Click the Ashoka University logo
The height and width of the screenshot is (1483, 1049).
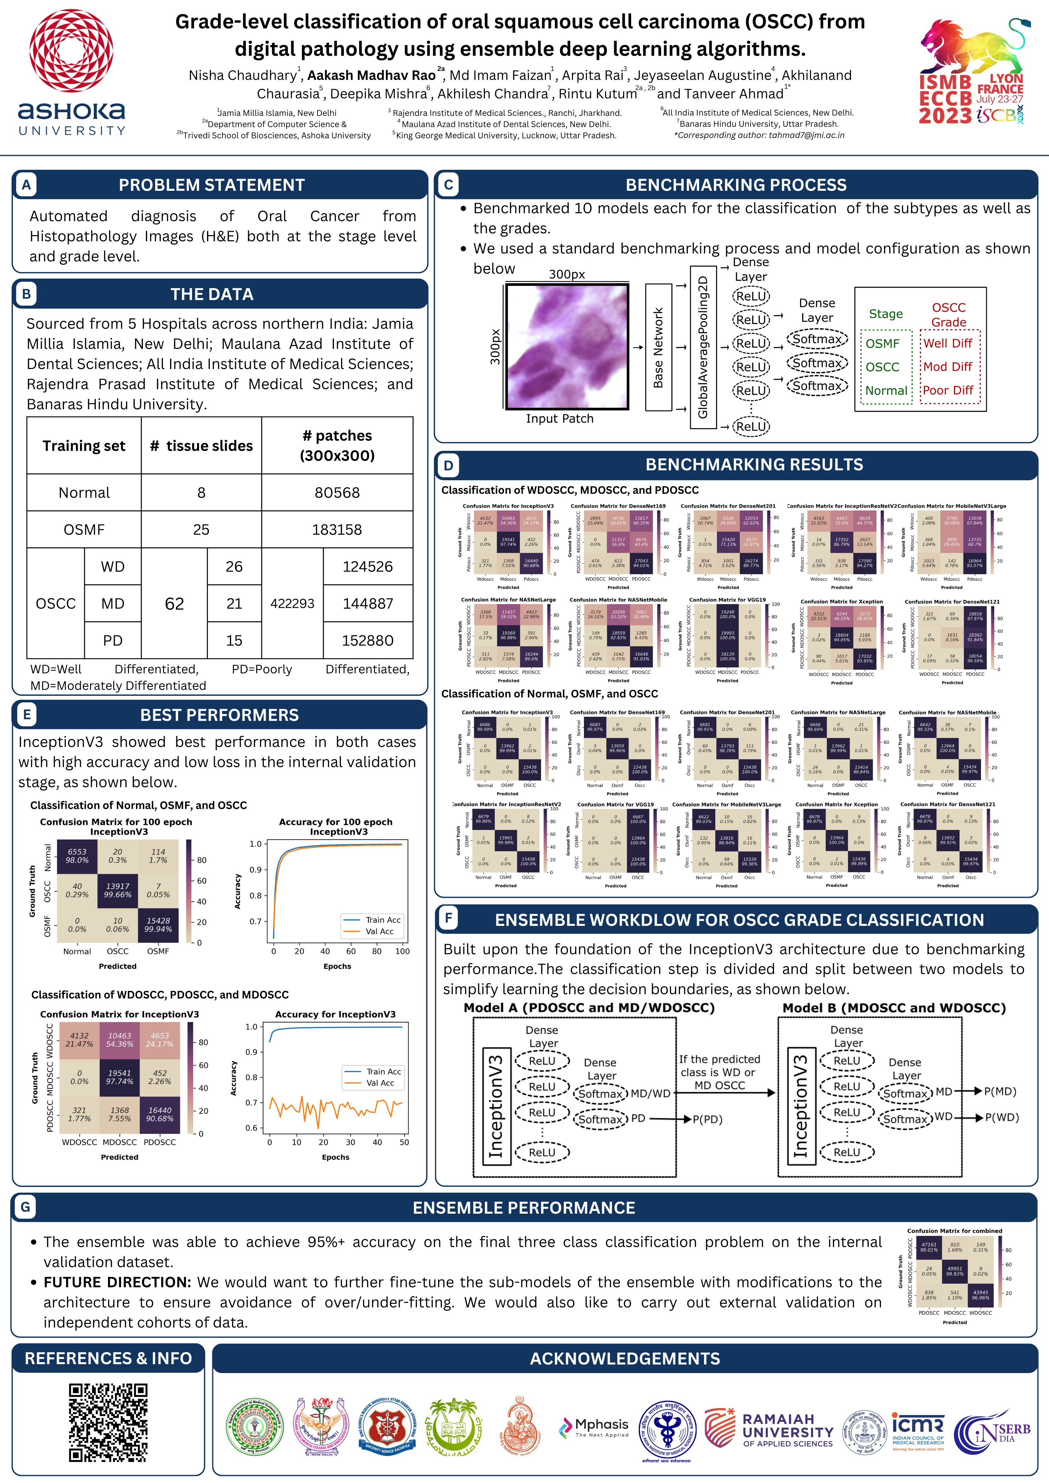72,72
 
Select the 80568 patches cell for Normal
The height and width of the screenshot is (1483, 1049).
337,493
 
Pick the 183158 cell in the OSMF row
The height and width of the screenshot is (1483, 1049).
337,530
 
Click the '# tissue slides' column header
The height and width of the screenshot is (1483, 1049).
201,446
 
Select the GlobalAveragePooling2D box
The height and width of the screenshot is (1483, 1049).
703,347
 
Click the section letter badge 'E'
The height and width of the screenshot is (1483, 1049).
26,714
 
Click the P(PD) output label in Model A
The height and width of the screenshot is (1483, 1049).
707,1119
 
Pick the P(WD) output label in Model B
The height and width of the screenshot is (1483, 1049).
1001,1117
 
